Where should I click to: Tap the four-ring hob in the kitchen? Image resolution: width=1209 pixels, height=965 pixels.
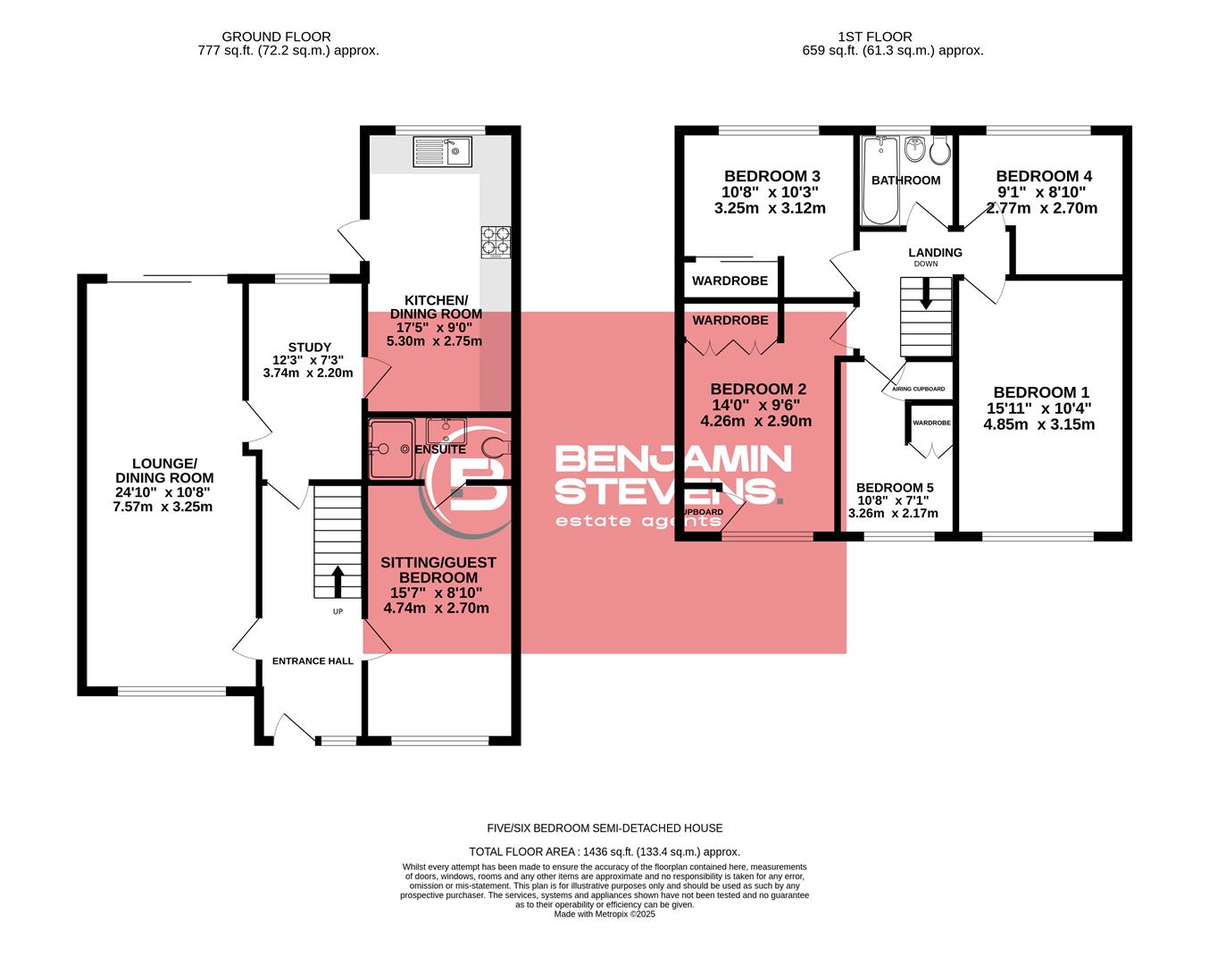(x=496, y=240)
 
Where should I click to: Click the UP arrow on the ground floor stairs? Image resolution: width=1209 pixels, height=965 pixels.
(x=338, y=580)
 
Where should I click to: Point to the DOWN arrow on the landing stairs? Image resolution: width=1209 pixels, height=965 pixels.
(x=925, y=294)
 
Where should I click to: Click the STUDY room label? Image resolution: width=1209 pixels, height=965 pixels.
(x=309, y=347)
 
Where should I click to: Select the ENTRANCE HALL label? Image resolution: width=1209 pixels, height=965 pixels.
(x=313, y=661)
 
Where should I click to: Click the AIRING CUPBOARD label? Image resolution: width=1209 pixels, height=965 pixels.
(x=918, y=390)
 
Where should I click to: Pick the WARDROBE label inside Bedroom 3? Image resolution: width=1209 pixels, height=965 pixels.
(x=730, y=281)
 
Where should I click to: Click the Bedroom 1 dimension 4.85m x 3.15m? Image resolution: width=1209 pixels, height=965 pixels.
(x=1038, y=424)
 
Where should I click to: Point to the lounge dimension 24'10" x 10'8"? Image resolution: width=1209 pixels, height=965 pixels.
(x=163, y=491)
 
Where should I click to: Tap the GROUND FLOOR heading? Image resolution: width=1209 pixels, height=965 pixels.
(x=276, y=37)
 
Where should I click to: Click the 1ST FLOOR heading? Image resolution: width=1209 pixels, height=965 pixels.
(x=874, y=37)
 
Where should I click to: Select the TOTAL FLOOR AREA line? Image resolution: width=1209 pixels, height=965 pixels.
(x=604, y=852)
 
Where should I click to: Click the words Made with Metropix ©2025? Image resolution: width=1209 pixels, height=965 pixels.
(x=604, y=914)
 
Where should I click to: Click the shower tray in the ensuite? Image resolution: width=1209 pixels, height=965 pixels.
(x=389, y=448)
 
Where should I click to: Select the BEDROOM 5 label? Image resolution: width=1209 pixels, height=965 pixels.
(x=894, y=487)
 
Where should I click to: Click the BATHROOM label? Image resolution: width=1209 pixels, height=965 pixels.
(x=905, y=180)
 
